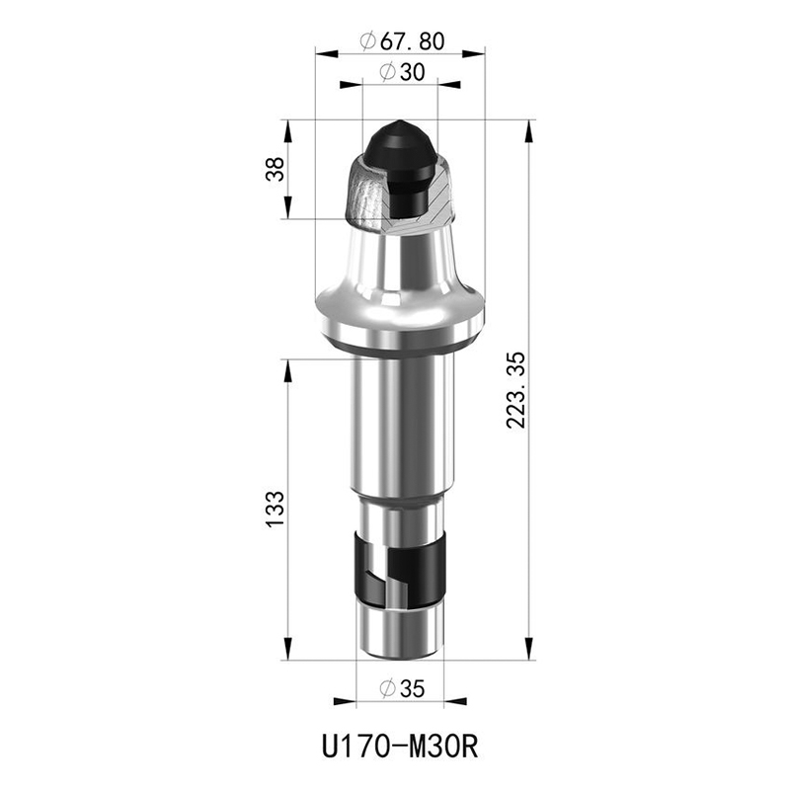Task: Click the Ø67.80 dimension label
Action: click(x=402, y=41)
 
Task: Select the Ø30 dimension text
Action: click(x=402, y=72)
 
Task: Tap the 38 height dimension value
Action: click(x=276, y=169)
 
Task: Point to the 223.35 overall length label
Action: click(x=515, y=390)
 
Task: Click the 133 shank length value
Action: click(x=276, y=509)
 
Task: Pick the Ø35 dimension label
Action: click(x=402, y=688)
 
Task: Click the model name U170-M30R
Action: click(x=400, y=747)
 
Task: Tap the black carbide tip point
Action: click(x=401, y=122)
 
